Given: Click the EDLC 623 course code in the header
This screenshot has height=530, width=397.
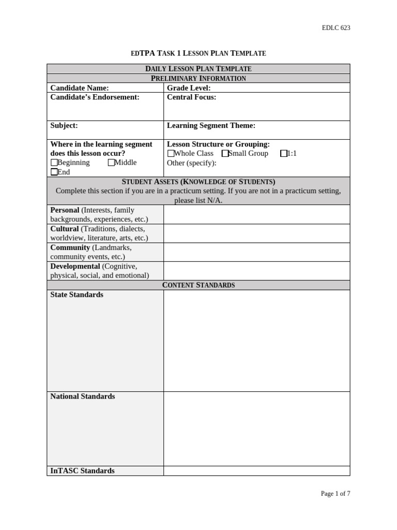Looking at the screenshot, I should (335, 28).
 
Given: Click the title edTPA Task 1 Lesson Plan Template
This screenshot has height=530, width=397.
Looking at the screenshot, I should (198, 53).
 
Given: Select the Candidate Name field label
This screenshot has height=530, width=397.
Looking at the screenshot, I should (79, 88).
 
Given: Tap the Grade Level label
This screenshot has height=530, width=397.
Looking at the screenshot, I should (189, 88).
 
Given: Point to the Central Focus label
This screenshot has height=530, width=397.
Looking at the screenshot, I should (191, 97).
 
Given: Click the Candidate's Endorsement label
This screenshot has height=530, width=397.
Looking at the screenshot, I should (95, 97).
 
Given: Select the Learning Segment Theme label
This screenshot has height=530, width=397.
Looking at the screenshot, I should (211, 125).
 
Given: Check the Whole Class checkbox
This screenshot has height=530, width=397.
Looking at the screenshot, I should (171, 154).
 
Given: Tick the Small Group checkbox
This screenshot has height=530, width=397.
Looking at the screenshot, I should (225, 154).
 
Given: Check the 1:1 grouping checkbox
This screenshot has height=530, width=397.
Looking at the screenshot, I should (284, 154).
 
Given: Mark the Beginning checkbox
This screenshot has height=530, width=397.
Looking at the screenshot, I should (54, 163).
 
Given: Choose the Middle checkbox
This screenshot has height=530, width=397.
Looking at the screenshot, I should (111, 163).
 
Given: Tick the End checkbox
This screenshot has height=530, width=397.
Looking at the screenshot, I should (54, 172).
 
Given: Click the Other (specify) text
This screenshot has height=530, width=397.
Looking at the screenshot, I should (191, 163).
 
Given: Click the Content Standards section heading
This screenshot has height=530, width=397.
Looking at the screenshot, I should (198, 285).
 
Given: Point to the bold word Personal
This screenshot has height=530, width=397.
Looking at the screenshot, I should (65, 210).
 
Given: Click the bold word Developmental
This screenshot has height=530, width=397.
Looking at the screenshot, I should (75, 266).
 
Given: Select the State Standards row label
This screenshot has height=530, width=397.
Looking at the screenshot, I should (77, 295).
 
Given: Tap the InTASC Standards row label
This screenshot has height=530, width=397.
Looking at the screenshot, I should (82, 470).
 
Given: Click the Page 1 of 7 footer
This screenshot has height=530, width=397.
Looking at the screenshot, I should (335, 493).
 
